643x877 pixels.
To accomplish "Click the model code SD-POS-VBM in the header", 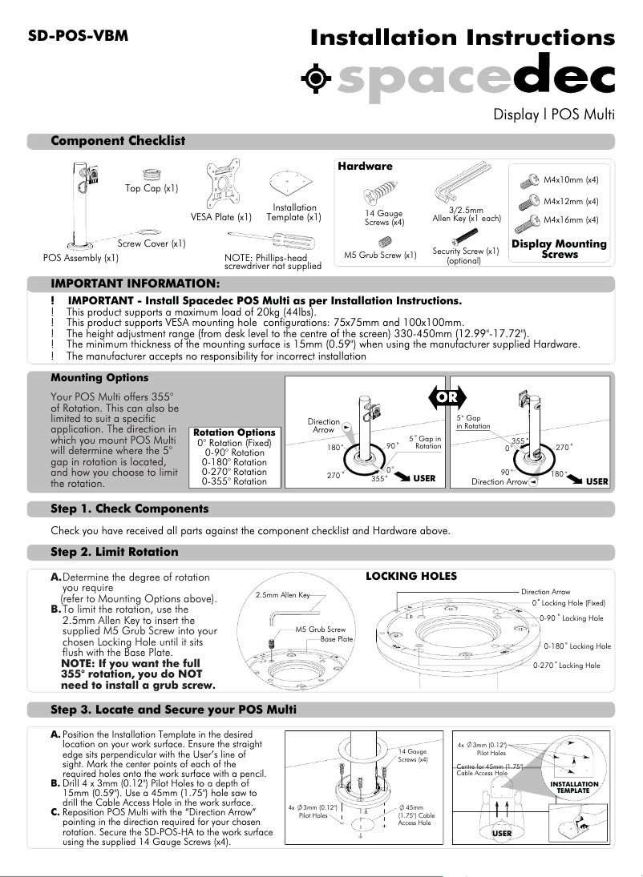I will (78, 36).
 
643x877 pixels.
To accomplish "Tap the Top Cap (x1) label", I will (152, 189).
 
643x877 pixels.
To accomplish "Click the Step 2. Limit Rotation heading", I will (114, 552).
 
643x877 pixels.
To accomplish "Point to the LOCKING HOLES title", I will (411, 576).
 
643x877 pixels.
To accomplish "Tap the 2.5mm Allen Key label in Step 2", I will (283, 595).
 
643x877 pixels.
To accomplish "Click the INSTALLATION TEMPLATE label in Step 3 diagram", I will (575, 787).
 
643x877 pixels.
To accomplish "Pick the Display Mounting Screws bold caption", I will (559, 249).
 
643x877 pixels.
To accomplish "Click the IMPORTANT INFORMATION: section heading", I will (135, 284).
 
